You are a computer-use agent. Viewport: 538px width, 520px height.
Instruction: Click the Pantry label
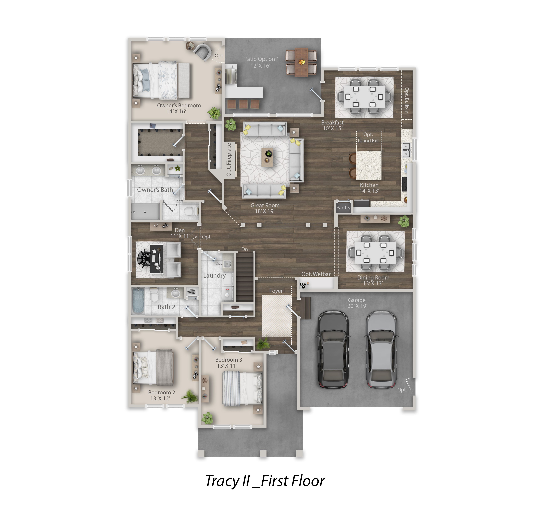[343, 208]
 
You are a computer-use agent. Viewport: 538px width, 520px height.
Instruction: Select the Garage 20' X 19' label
[357, 303]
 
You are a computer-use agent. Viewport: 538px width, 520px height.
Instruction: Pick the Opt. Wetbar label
[316, 274]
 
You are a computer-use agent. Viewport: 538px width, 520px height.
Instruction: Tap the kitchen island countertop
[369, 165]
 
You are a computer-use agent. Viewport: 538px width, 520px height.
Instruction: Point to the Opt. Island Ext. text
[369, 137]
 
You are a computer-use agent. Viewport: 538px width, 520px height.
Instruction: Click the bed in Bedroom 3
[242, 389]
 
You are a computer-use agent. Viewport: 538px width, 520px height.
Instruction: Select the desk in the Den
[157, 259]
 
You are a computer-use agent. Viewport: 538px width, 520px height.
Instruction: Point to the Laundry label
[214, 275]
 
